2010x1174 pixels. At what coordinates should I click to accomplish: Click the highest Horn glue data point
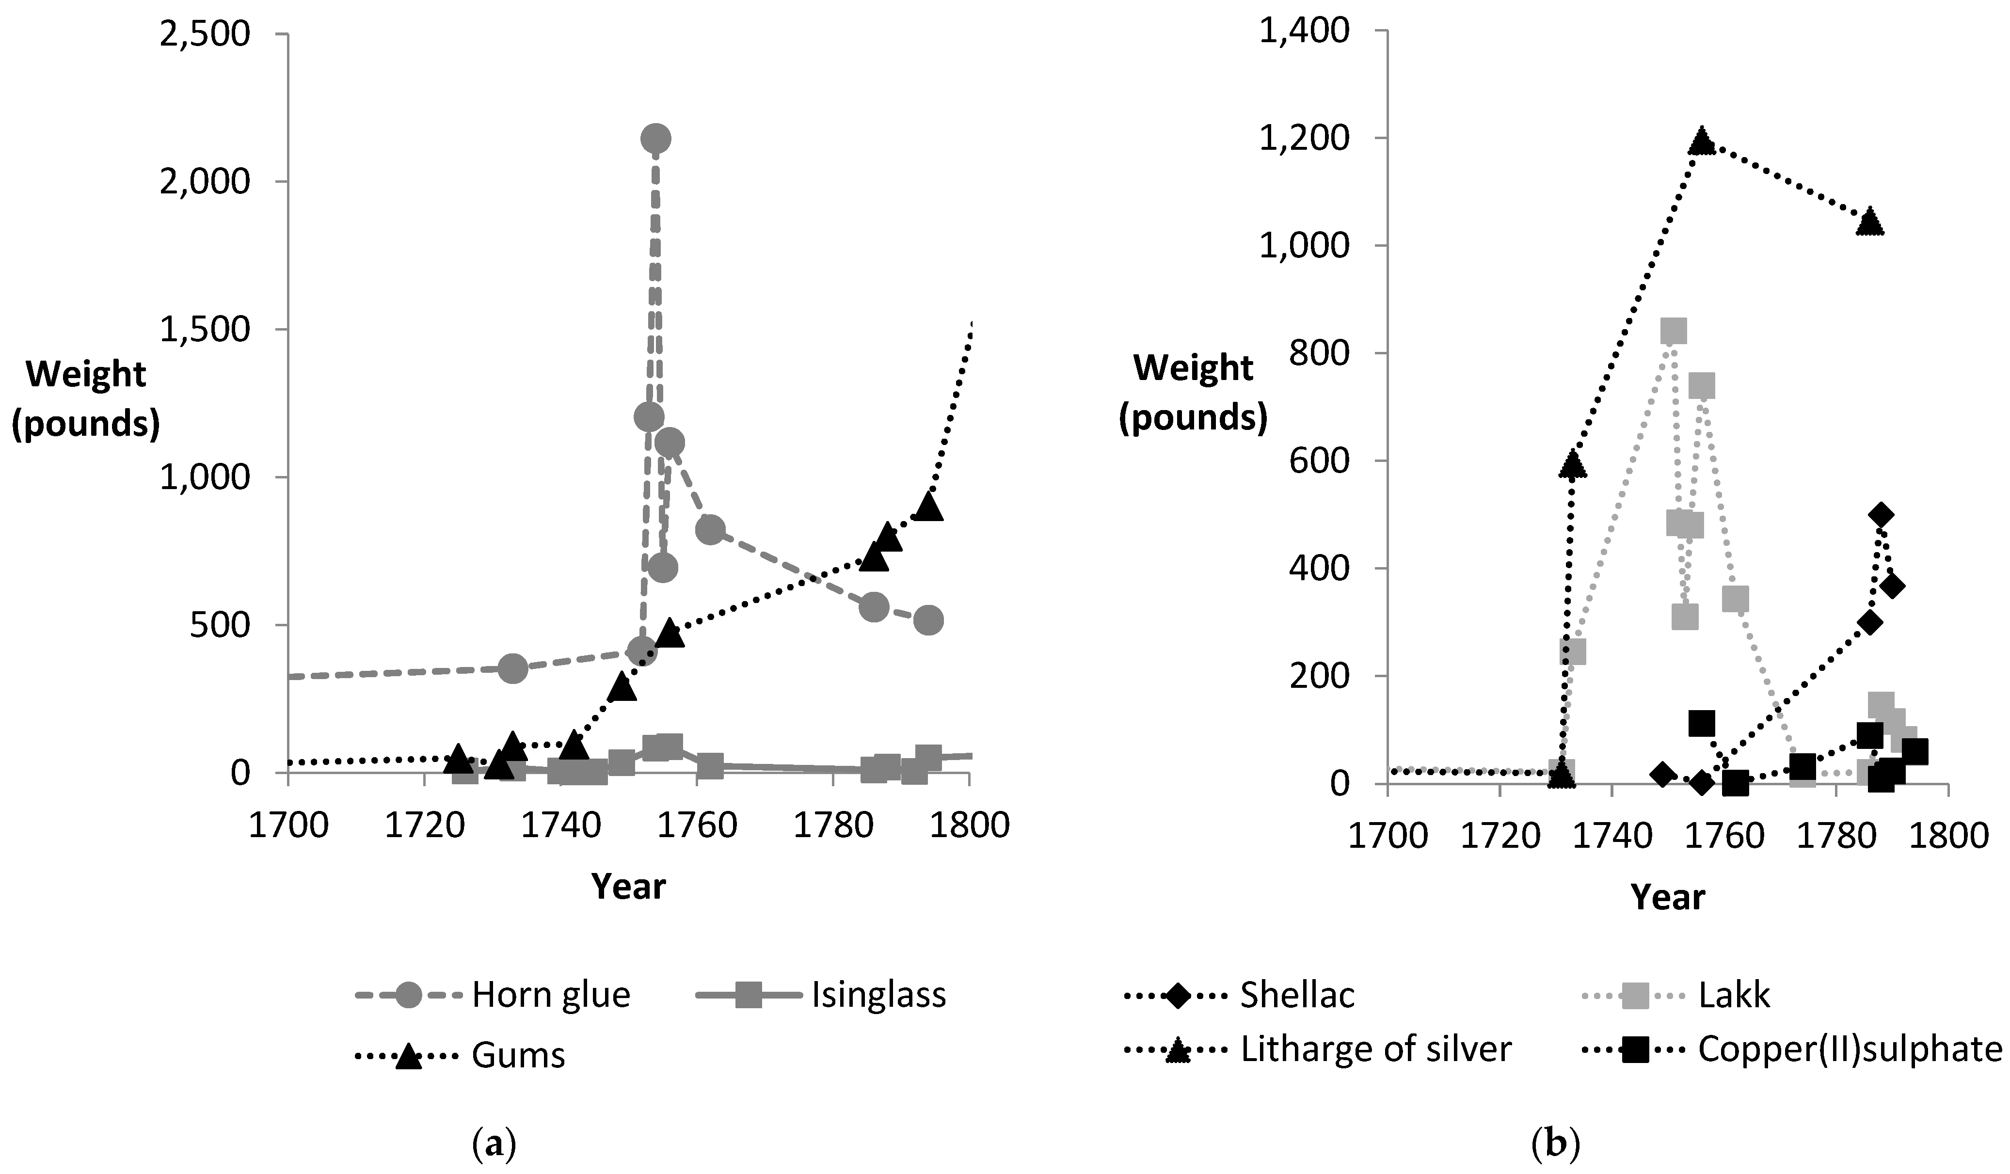point(655,139)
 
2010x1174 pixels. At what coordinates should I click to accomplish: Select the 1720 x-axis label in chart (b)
point(1500,835)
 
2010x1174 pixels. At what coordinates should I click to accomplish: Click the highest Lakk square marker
point(1673,330)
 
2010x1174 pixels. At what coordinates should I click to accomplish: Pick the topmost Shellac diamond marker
point(1880,514)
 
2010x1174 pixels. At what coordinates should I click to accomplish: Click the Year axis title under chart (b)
point(1668,896)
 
